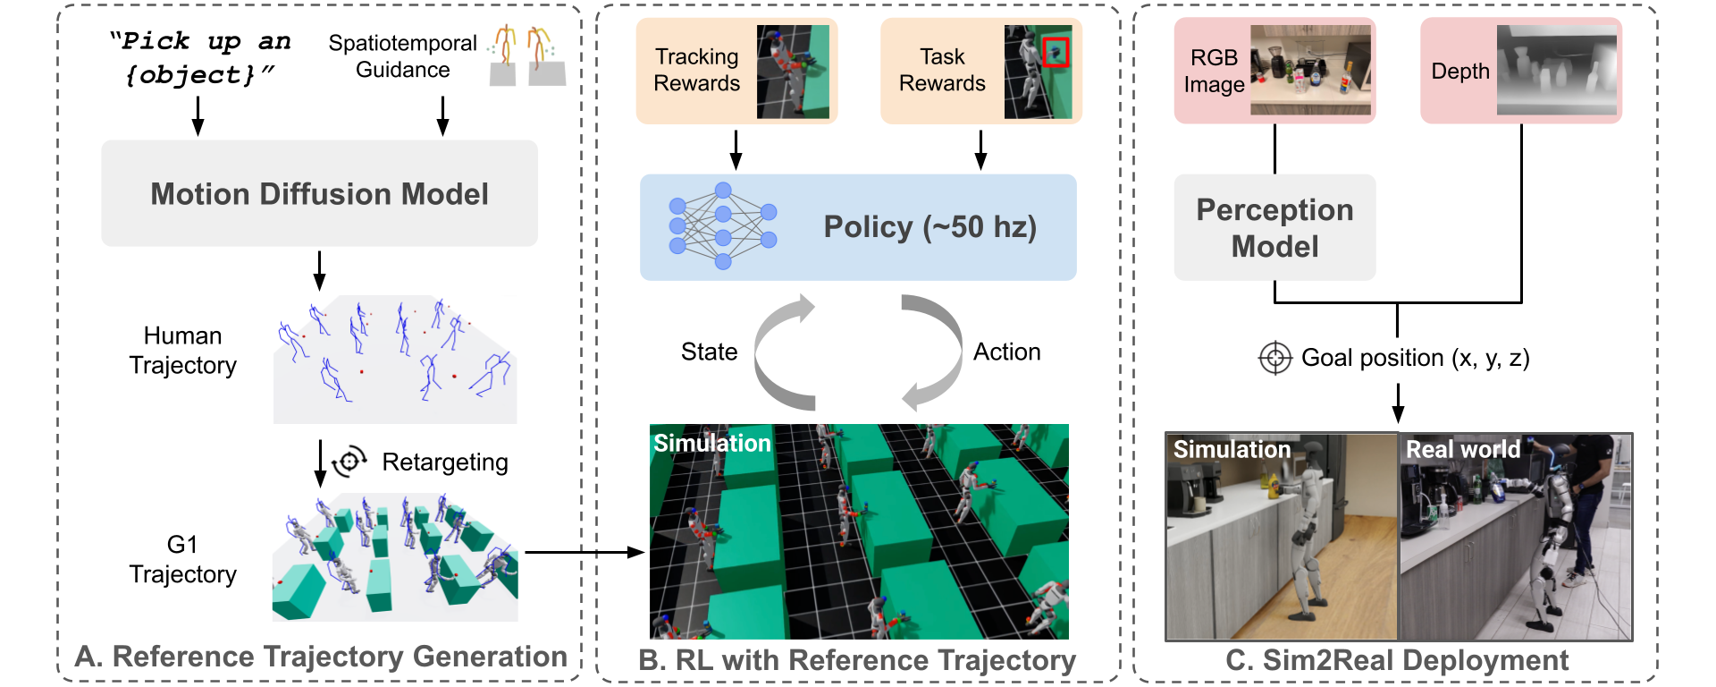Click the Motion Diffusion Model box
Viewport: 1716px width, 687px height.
pyautogui.click(x=319, y=193)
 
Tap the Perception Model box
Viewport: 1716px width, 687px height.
pyautogui.click(x=1274, y=227)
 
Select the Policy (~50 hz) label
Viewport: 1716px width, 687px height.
pyautogui.click(x=929, y=227)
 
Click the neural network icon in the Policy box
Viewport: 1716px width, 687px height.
pyautogui.click(x=722, y=226)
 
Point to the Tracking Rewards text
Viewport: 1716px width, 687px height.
pyautogui.click(x=696, y=70)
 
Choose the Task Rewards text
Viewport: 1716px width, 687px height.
pyautogui.click(x=942, y=70)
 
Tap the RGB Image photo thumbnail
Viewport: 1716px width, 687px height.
pyautogui.click(x=1310, y=70)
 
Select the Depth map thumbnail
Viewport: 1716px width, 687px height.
pyautogui.click(x=1557, y=70)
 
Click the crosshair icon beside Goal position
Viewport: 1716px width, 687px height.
pyautogui.click(x=1275, y=359)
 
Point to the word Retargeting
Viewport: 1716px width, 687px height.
pyautogui.click(x=445, y=462)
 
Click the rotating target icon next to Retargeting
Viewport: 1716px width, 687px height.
pyautogui.click(x=349, y=462)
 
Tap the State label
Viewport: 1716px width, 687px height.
pyautogui.click(x=709, y=352)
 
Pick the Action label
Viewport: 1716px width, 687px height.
pyautogui.click(x=1006, y=352)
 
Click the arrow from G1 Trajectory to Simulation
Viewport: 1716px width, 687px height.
pyautogui.click(x=585, y=553)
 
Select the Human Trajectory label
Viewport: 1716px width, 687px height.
pyautogui.click(x=182, y=351)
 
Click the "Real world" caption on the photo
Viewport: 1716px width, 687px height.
pyautogui.click(x=1463, y=449)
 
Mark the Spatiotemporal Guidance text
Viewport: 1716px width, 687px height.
pyautogui.click(x=402, y=56)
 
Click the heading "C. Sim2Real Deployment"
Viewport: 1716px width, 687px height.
pyautogui.click(x=1396, y=660)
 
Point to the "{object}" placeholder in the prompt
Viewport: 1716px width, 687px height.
pyautogui.click(x=190, y=75)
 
